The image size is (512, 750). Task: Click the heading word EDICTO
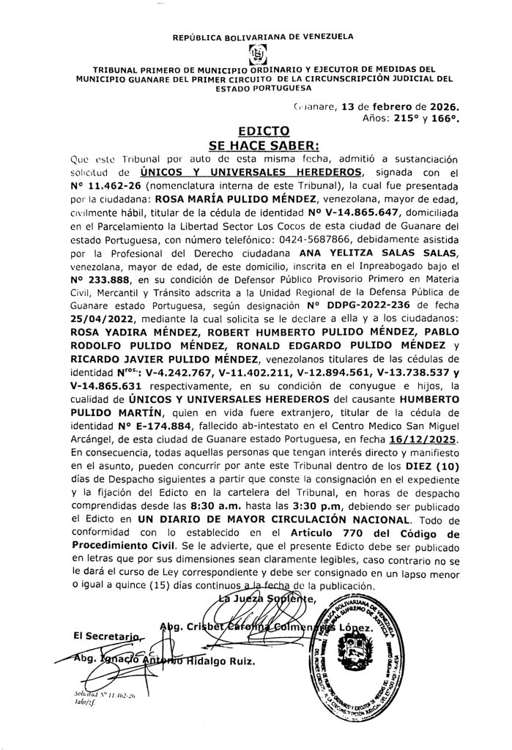[x=255, y=133]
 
